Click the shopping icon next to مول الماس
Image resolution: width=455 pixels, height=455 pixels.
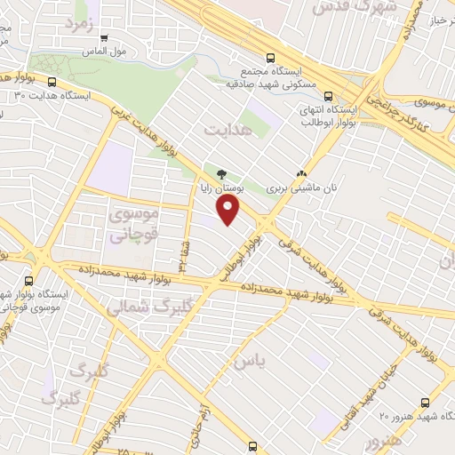coord(105,38)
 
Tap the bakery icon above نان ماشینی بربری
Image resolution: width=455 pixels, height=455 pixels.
coord(302,175)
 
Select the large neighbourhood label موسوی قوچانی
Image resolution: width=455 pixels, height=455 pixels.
coord(132,225)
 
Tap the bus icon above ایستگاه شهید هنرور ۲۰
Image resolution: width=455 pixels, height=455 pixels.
coord(426,403)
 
